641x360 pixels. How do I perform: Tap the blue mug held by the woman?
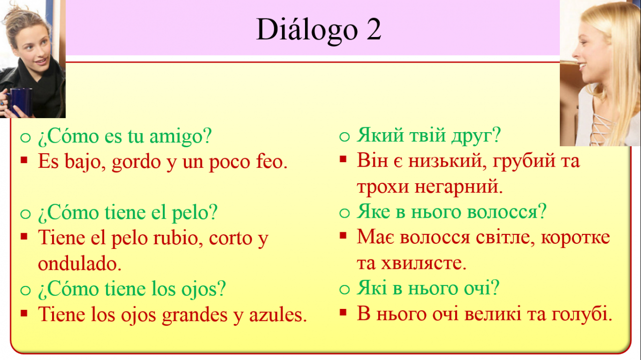(x=20, y=102)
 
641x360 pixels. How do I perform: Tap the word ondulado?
(x=80, y=263)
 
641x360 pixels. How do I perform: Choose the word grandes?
(x=195, y=315)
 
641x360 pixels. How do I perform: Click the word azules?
(x=278, y=314)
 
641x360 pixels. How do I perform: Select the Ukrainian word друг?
(x=476, y=136)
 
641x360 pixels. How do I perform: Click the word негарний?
(x=458, y=187)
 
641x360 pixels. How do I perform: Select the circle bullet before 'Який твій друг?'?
(x=345, y=137)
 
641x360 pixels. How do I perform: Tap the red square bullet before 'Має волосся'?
(x=343, y=235)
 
